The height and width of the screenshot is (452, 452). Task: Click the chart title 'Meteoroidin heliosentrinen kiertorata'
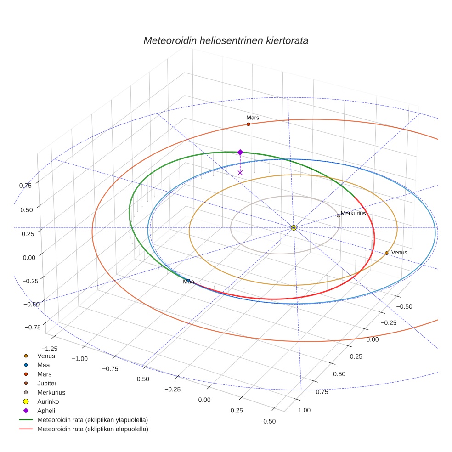pyautogui.click(x=226, y=40)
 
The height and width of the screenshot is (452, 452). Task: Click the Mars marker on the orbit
pyautogui.click(x=249, y=124)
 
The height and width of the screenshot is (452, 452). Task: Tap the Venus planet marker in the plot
pyautogui.click(x=386, y=253)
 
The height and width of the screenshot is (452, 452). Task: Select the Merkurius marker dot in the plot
pyautogui.click(x=339, y=215)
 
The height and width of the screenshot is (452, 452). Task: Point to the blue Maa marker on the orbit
pyautogui.click(x=188, y=281)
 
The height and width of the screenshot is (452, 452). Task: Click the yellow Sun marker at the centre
pyautogui.click(x=294, y=228)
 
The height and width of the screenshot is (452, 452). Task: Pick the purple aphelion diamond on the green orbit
pyautogui.click(x=240, y=152)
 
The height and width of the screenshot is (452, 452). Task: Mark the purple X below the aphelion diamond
pyautogui.click(x=240, y=172)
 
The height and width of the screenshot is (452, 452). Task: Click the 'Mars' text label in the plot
pyautogui.click(x=253, y=118)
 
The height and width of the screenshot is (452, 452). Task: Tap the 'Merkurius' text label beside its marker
pyautogui.click(x=353, y=214)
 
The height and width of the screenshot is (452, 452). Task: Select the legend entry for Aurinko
pyautogui.click(x=48, y=401)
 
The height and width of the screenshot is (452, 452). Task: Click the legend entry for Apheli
pyautogui.click(x=46, y=411)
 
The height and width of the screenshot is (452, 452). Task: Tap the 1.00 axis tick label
pyautogui.click(x=305, y=410)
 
